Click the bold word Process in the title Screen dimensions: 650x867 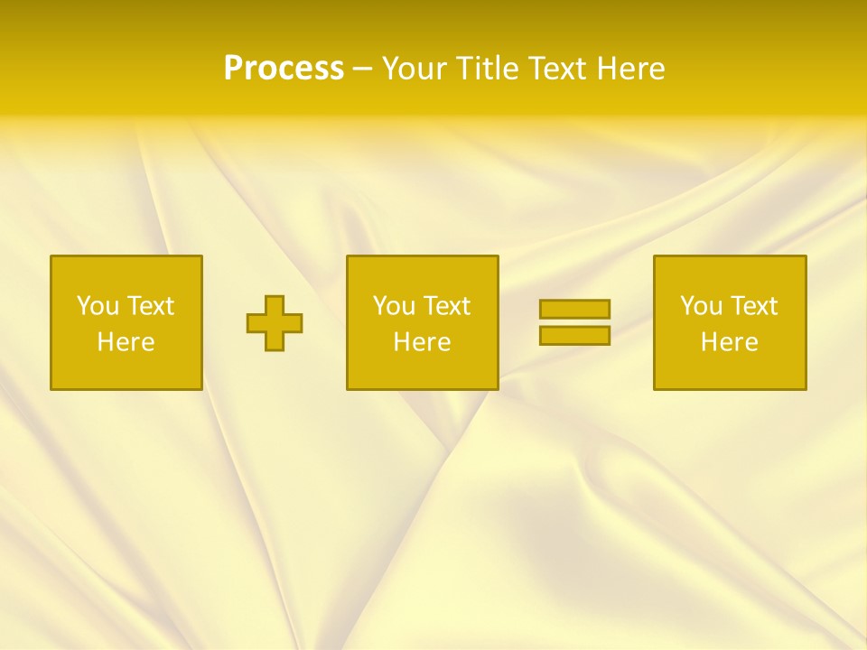284,69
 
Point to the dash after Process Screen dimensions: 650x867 362,70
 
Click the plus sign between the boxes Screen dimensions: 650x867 275,323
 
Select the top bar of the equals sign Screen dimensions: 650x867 574,309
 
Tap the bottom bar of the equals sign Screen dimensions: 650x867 574,336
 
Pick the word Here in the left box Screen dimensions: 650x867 126,342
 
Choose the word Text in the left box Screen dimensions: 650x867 151,306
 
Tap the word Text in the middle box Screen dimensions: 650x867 447,306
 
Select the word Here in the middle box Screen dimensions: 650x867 422,342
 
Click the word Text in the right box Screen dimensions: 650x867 754,306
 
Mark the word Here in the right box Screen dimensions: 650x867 729,342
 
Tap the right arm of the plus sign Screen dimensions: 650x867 293,323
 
